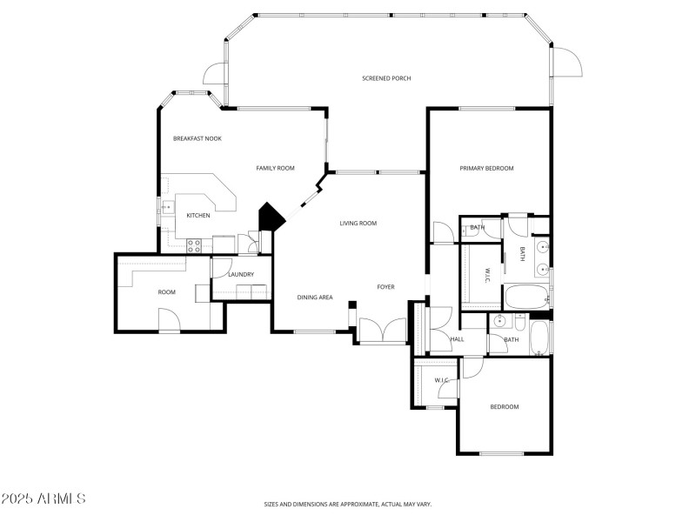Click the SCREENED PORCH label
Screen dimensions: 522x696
(x=386, y=78)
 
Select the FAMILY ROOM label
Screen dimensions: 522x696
(x=275, y=168)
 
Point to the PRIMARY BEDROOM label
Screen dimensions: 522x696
(x=486, y=168)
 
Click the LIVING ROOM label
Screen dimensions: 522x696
(x=358, y=224)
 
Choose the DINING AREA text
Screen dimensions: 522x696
(x=315, y=298)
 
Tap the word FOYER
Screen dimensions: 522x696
(x=385, y=286)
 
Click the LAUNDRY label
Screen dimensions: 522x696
(x=240, y=275)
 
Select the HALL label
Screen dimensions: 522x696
(x=457, y=338)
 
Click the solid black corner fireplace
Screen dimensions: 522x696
(x=270, y=217)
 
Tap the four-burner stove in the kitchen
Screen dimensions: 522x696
(x=194, y=244)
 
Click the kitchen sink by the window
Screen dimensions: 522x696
(x=165, y=207)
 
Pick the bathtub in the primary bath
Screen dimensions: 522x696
(x=525, y=298)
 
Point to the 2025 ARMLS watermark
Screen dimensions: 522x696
(x=43, y=499)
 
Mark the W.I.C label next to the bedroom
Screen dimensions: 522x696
(x=442, y=380)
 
